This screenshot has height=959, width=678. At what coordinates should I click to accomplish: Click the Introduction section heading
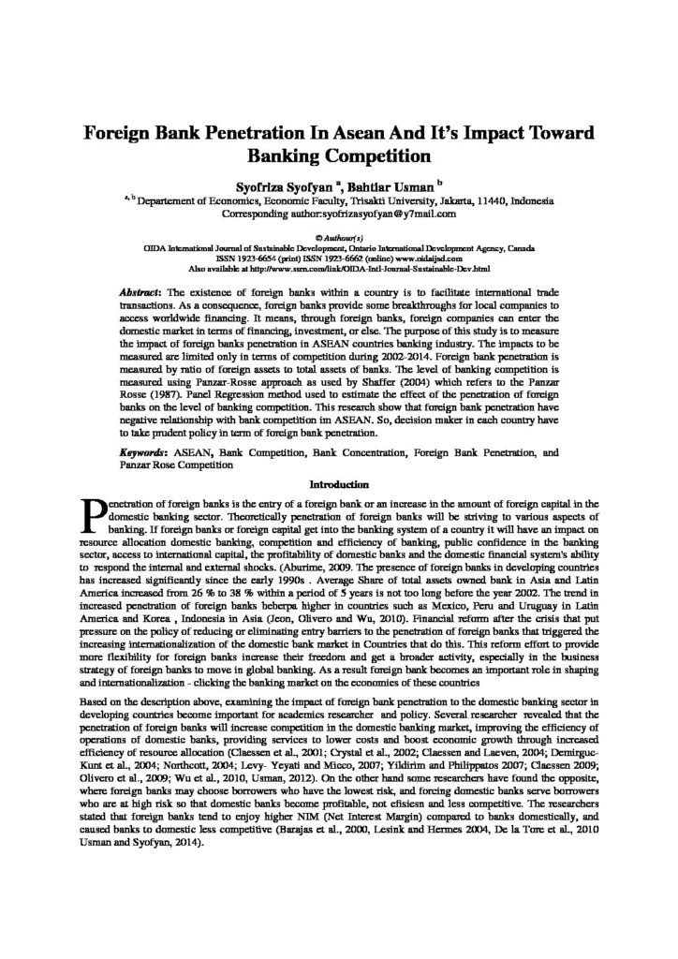point(338,485)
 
